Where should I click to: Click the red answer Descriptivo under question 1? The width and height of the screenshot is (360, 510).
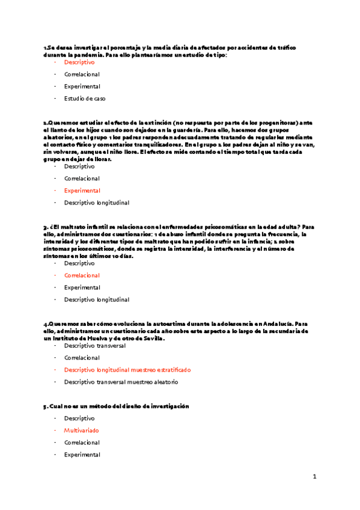[x=79, y=62]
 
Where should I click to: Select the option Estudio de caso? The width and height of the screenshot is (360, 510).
[x=85, y=98]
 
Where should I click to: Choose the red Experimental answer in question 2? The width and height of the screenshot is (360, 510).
[x=82, y=190]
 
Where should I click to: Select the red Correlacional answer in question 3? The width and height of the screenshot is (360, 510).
[x=82, y=275]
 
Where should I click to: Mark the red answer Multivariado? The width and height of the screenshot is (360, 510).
[x=81, y=431]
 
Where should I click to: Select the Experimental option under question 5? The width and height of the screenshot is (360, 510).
[x=82, y=455]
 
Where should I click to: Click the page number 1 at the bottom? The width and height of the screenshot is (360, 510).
[x=314, y=477]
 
